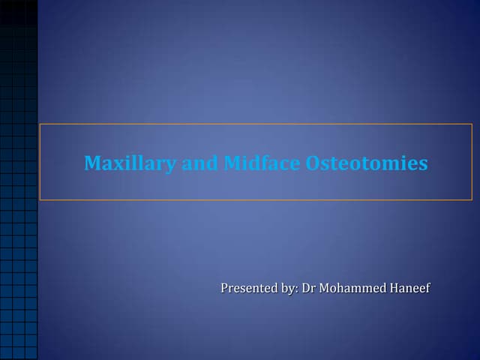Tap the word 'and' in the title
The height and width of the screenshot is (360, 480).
click(199, 163)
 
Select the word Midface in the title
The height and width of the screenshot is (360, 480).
click(262, 163)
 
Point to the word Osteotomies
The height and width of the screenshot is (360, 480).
click(367, 163)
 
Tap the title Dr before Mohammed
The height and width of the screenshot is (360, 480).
click(308, 288)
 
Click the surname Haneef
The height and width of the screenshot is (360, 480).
click(410, 288)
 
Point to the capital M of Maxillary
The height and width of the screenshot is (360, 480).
click(93, 163)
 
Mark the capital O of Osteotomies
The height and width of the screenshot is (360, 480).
click(313, 163)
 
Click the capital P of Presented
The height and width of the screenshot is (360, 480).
click(225, 288)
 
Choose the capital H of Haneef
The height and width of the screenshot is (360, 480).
click(395, 288)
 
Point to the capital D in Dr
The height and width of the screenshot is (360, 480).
click(306, 288)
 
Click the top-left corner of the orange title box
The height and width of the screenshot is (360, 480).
click(40, 124)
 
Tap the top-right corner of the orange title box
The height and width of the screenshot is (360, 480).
click(472, 124)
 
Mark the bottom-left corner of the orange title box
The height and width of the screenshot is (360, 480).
click(40, 200)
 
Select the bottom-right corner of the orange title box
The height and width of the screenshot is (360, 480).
click(472, 200)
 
